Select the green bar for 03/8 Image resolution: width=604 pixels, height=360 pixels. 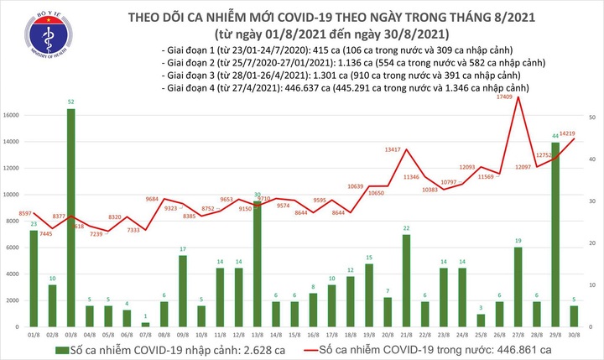pos(72,218)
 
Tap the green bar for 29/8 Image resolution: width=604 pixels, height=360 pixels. pos(555,235)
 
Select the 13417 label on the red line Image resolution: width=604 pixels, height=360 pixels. pos(395,150)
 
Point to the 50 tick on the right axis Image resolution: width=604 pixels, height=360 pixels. pos(592,118)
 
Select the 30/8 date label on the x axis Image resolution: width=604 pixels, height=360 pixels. pos(575,334)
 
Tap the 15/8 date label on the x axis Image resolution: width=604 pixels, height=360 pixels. pos(294,334)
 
